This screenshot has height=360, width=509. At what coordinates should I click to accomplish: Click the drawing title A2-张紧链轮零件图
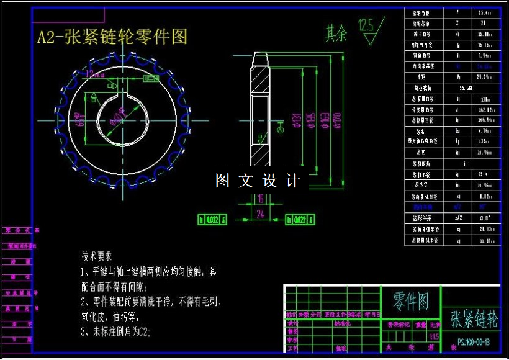(x=112, y=37)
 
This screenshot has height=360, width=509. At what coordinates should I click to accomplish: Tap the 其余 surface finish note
(x=336, y=33)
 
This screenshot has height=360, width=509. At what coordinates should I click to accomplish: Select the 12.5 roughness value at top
(x=366, y=25)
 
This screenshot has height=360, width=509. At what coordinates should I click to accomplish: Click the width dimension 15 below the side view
(x=261, y=199)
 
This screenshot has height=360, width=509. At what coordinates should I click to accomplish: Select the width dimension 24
(x=261, y=214)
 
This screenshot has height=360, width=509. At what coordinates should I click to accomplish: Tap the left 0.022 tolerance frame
(x=213, y=219)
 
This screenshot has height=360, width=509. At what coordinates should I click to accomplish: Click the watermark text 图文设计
(x=258, y=181)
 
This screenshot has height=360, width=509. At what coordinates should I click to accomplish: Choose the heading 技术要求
(x=96, y=256)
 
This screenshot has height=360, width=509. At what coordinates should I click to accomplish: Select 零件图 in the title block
(x=410, y=302)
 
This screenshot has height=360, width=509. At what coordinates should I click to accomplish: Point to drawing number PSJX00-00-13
(x=474, y=342)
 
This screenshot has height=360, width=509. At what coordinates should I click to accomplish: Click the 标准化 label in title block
(x=343, y=323)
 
